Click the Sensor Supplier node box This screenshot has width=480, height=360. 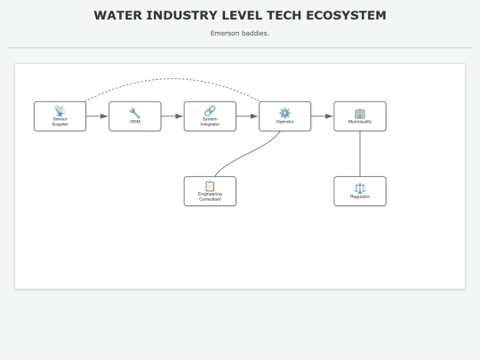point(60,116)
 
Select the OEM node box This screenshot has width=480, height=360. point(135,116)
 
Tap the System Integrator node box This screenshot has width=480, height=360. point(210,116)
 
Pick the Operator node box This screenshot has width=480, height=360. point(284,116)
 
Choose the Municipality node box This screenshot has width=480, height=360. point(360,116)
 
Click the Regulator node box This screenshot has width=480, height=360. point(360,191)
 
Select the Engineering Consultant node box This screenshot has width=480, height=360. point(210,191)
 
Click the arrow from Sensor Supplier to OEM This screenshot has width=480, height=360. point(97,116)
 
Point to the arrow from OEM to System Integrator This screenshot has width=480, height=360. point(172,116)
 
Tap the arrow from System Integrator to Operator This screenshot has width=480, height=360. point(247,116)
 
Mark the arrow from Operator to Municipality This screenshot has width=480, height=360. point(323,116)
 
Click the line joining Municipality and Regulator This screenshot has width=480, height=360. point(360,154)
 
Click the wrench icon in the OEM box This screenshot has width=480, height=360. point(135,112)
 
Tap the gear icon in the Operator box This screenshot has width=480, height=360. point(284,112)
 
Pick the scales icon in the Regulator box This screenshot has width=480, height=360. point(360,187)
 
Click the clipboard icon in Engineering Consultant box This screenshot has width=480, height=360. point(210,186)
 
